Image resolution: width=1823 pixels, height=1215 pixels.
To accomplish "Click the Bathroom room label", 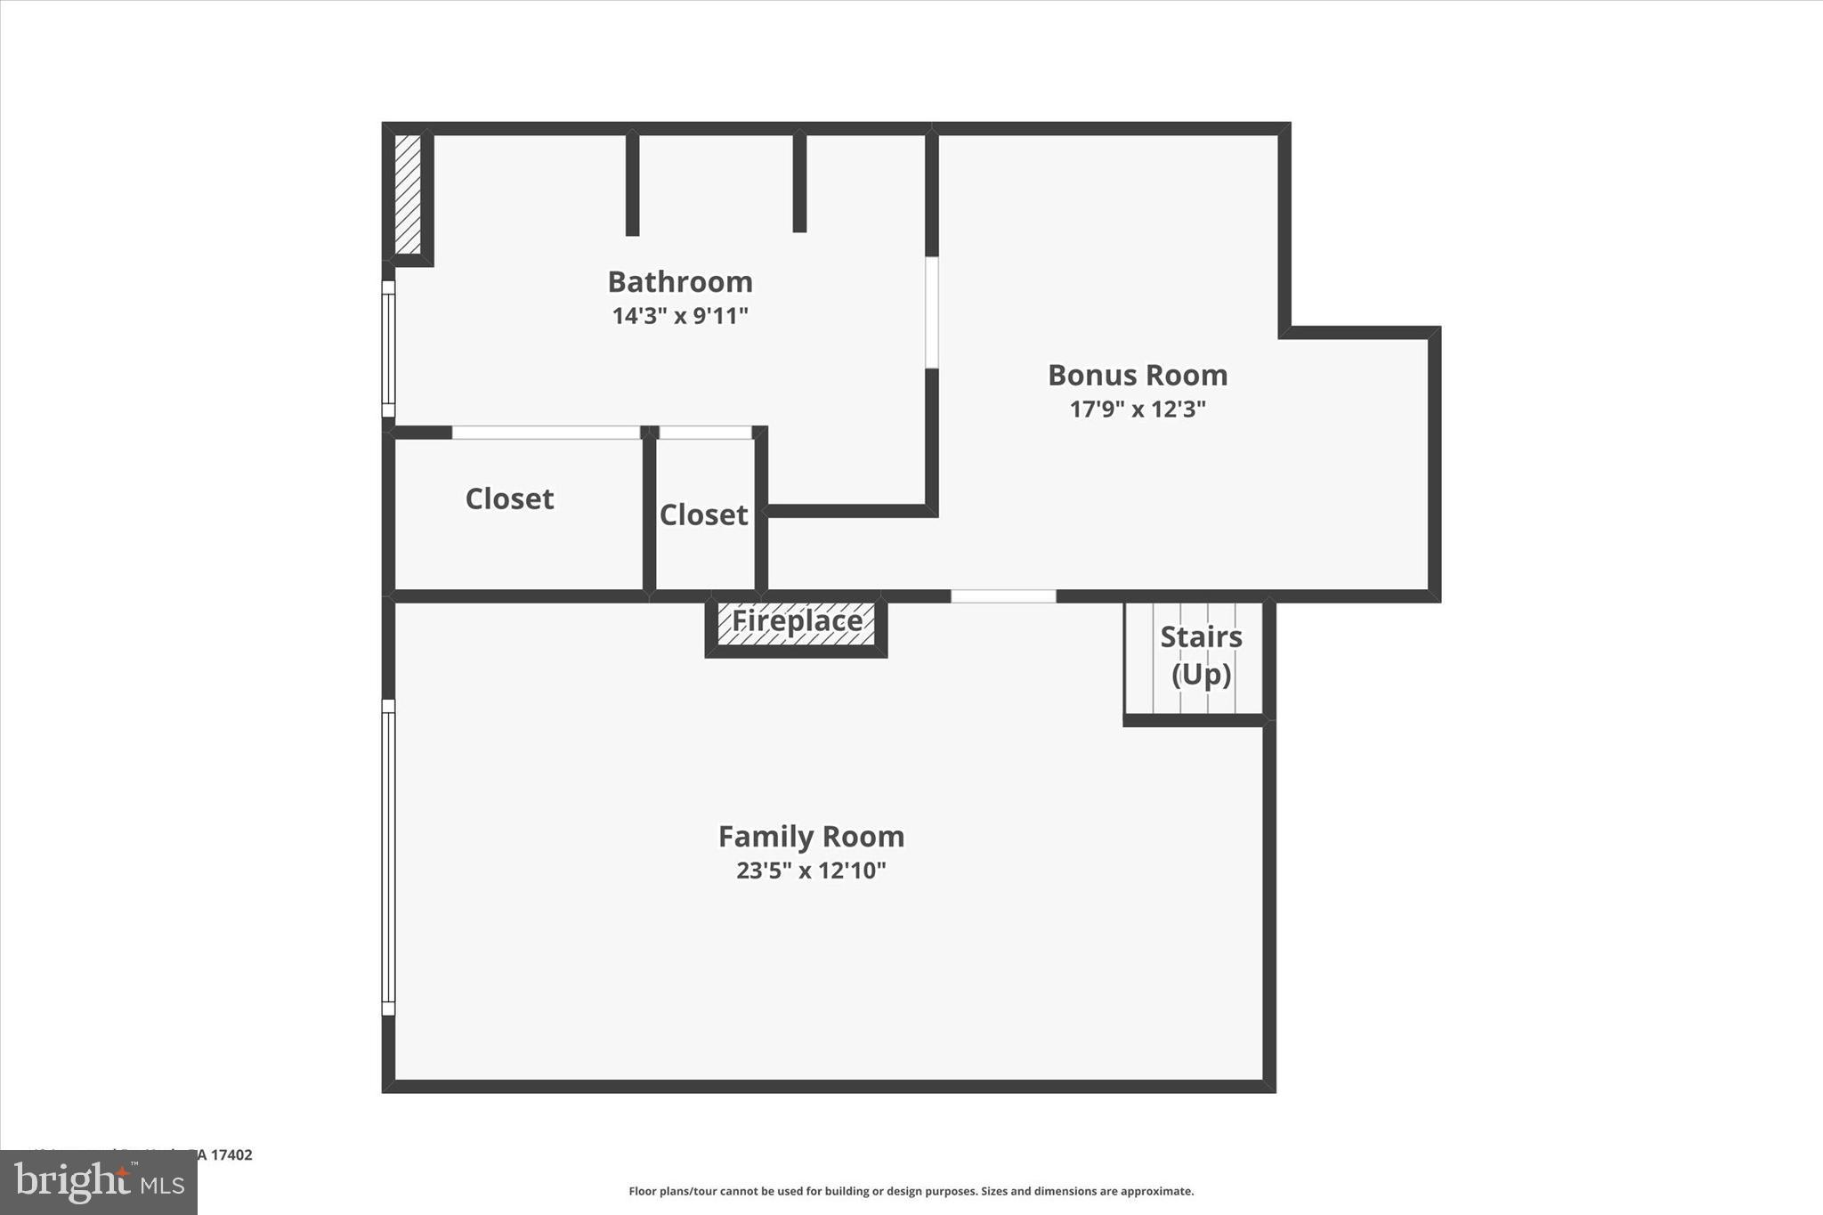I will (680, 282).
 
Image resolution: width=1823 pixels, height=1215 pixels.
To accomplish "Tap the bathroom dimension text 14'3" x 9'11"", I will (680, 316).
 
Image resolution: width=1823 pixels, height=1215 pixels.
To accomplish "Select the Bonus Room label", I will (1138, 376).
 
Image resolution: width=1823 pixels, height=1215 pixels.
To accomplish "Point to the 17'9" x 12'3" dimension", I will (1138, 409).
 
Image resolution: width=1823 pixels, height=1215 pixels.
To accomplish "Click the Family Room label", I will (811, 837).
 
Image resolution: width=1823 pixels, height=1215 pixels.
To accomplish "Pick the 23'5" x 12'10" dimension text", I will (811, 871).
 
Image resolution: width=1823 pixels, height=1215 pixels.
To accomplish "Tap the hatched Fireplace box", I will (797, 622).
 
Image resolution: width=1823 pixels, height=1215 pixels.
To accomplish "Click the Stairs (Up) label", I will (1201, 656).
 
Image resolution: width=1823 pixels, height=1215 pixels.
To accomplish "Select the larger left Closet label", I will (509, 499).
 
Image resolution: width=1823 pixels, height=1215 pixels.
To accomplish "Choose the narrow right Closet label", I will (703, 515).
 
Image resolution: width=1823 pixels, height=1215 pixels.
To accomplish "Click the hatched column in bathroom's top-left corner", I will (408, 194).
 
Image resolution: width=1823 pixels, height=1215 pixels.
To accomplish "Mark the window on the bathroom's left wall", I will (388, 349).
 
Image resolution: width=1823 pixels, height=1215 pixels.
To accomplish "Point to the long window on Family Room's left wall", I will (388, 857).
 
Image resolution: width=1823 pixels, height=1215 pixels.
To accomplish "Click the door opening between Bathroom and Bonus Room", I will (931, 312).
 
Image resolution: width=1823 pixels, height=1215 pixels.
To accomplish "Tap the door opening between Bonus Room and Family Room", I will (1003, 595).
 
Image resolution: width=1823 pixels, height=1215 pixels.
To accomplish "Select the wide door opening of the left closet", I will (546, 433).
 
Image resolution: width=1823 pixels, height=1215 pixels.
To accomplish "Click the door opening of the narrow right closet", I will (705, 433).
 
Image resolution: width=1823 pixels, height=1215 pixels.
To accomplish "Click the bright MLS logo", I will (99, 1183).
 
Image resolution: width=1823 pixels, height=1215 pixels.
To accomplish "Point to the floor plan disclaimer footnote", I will (911, 1191).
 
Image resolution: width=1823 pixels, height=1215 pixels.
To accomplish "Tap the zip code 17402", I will (231, 1155).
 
